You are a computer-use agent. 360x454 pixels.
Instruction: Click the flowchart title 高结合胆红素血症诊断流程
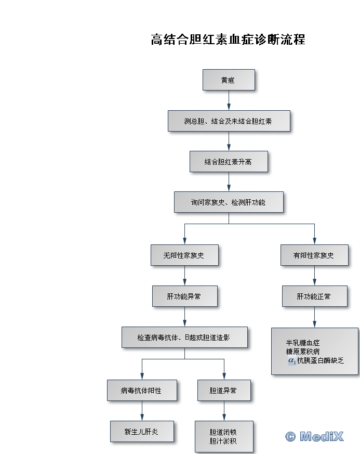coord(228,40)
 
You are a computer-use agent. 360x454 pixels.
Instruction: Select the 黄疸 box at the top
coord(229,80)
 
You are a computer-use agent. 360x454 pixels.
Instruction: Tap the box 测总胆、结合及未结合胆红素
coord(229,121)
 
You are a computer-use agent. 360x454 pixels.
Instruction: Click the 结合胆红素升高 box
coord(229,162)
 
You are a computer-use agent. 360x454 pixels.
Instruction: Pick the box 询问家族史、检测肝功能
coord(229,202)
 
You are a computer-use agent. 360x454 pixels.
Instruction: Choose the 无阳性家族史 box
coord(184,255)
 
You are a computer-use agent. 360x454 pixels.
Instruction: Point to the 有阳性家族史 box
coord(314,255)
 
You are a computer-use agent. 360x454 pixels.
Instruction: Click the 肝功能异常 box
coord(184,296)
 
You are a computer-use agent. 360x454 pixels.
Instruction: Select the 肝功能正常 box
coord(314,296)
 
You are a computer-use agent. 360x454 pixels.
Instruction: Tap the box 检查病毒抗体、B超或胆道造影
coord(184,338)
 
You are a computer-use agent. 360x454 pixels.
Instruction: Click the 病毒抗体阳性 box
coord(142,390)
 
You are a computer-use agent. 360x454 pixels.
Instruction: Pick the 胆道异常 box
coord(224,390)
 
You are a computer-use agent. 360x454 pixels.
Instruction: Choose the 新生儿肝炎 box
coord(142,432)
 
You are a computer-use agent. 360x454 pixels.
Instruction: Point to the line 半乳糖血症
coord(303,343)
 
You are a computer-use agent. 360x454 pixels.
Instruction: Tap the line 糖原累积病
coord(303,352)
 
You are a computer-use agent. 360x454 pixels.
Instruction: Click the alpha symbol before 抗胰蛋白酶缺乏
coord(292,360)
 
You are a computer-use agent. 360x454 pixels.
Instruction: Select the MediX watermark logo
coord(315,436)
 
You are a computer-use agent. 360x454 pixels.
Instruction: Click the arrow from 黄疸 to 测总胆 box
coord(229,101)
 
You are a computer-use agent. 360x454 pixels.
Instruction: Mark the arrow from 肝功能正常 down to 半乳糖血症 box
coord(314,317)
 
